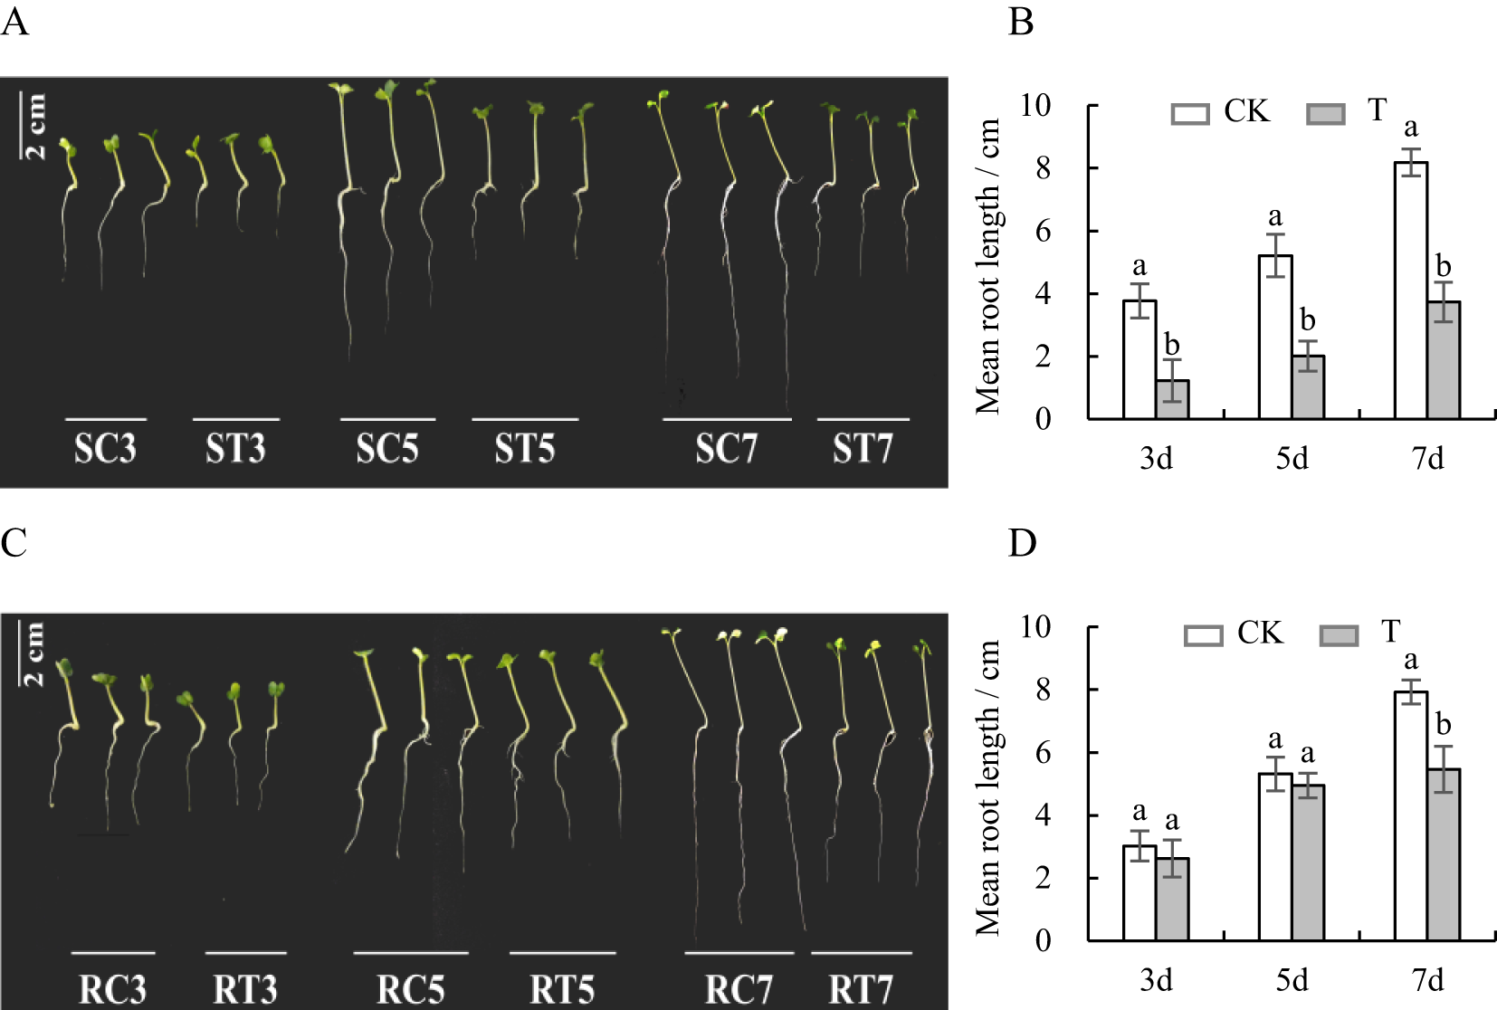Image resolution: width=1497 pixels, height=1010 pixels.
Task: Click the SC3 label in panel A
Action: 105,448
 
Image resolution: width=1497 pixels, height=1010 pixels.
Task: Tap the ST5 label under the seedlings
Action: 524,448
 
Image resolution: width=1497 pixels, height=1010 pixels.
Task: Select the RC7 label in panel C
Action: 739,988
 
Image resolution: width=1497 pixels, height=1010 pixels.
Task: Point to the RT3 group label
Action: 245,988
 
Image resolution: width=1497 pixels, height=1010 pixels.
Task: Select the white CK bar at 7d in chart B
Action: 1410,290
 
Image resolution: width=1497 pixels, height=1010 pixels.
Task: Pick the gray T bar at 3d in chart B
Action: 1172,399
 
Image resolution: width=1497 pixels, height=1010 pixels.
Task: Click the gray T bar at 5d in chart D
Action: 1308,862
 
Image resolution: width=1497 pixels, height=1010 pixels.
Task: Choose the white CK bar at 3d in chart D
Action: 1139,892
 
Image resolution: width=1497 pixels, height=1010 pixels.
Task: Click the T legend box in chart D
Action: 1339,635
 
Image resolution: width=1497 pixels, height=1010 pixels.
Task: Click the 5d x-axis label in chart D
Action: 1292,980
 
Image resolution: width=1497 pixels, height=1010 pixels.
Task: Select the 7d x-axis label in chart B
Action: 1427,459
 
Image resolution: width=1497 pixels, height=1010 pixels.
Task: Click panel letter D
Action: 1022,544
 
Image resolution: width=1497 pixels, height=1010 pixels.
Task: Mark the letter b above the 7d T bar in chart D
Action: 1443,725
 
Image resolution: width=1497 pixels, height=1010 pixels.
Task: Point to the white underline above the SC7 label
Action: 727,420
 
